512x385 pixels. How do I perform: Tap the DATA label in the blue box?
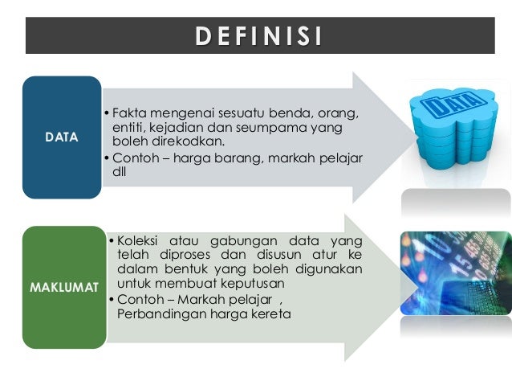(x=62, y=137)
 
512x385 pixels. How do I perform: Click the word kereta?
(x=271, y=313)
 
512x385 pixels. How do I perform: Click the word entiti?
(x=130, y=126)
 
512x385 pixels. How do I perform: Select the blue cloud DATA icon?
(x=455, y=126)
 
